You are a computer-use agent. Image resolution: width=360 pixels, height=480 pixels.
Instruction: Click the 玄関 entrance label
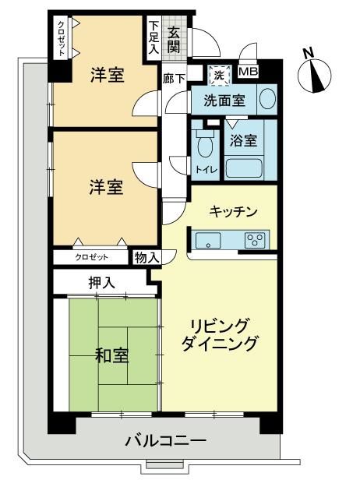174,40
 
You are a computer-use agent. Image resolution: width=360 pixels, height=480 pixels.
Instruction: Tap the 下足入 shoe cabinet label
154,37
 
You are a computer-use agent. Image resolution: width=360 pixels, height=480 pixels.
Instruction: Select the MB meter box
249,72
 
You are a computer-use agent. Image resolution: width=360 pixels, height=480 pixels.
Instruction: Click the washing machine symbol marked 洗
219,76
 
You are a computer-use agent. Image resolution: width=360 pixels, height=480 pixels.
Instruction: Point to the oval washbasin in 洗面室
268,98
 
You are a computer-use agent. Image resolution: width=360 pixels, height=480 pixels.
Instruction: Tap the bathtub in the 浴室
245,168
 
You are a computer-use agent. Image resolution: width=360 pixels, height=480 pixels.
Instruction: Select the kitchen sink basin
208,240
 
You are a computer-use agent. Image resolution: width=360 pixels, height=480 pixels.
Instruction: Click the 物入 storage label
147,258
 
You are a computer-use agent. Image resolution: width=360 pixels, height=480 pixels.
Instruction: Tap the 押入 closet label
101,283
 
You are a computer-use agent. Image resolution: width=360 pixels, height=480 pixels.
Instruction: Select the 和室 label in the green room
111,355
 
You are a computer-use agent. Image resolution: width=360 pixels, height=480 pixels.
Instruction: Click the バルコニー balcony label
167,441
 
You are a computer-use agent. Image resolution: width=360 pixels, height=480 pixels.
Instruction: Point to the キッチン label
233,211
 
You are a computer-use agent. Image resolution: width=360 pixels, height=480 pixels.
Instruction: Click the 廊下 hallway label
174,79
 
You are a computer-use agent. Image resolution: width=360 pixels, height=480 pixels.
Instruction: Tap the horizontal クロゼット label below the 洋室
92,257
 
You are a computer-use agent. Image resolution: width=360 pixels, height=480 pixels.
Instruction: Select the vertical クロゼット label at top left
62,39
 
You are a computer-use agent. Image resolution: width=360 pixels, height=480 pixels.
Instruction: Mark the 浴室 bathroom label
243,140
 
